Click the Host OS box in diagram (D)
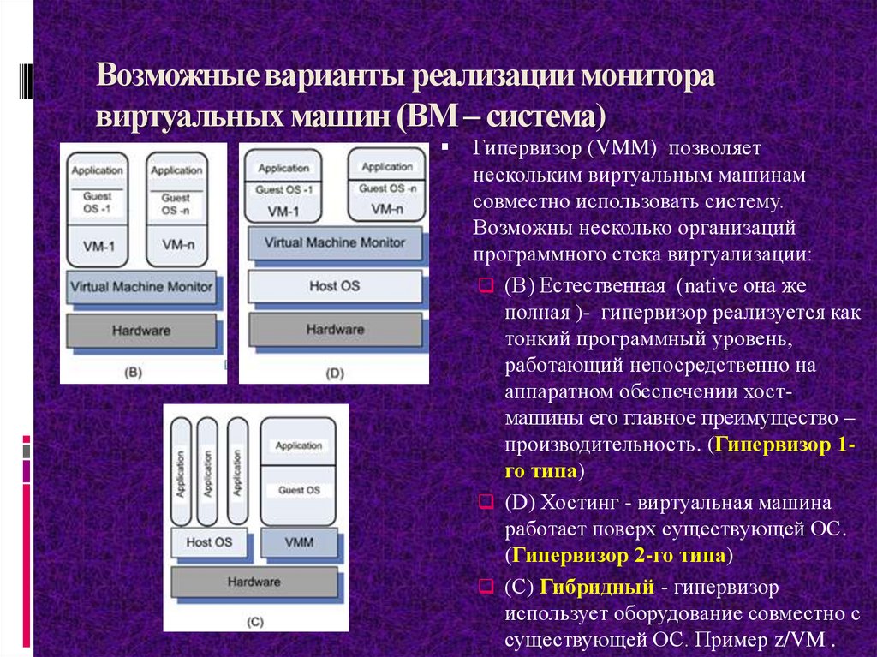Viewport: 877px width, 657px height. [x=335, y=286]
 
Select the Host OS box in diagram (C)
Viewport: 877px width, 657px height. [x=209, y=541]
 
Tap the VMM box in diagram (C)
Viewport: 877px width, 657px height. [x=299, y=541]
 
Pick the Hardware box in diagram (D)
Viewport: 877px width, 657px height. [x=335, y=329]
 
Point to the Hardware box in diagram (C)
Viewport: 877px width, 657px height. [x=254, y=582]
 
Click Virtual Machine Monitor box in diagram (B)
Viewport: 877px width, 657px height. [x=142, y=286]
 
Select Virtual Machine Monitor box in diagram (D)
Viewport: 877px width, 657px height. [x=335, y=242]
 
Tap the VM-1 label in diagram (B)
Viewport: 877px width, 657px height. [x=99, y=246]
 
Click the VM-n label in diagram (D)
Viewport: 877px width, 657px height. [x=387, y=208]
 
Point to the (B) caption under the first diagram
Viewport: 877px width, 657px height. [x=133, y=372]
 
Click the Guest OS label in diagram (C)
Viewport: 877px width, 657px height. [x=299, y=490]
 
